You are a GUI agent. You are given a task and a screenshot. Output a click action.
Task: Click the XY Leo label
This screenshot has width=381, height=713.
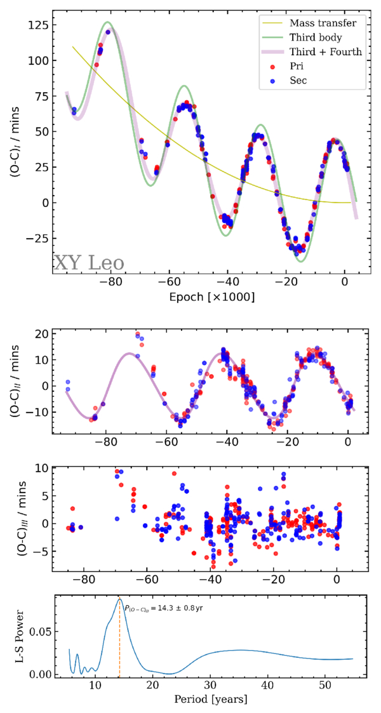[88, 262]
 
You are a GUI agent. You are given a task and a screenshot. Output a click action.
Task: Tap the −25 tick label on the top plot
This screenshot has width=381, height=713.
[37, 238]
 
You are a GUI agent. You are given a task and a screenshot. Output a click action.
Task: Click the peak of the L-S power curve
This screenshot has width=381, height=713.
[119, 599]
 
